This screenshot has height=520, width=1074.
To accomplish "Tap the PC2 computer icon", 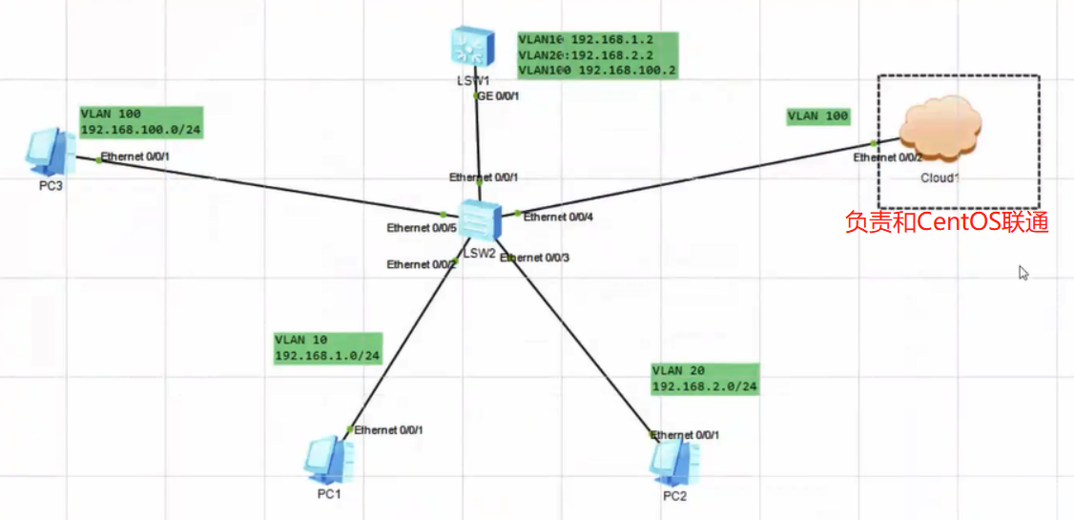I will coord(673,462).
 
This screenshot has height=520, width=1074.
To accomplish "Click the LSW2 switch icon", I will coord(477,221).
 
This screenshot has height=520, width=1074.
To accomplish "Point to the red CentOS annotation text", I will coord(946,222).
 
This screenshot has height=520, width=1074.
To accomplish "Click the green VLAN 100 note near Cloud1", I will coord(817,116).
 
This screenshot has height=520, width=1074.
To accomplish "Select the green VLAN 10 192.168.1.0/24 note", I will coord(327,348).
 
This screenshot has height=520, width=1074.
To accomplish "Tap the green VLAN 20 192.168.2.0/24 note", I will coord(705,379).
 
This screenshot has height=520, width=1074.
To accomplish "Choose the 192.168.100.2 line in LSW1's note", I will coord(597,71).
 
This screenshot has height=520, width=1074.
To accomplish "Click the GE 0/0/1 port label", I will coord(498,95).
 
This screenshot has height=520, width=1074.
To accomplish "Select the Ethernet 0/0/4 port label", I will coord(559,218).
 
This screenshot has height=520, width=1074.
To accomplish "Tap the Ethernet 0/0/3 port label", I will coord(536,258).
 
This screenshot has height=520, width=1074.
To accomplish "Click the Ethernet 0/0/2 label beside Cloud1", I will coord(887,157).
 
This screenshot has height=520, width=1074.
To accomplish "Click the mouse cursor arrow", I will coord(1023,273).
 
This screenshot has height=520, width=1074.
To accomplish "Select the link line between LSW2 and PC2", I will coord(582,343).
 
